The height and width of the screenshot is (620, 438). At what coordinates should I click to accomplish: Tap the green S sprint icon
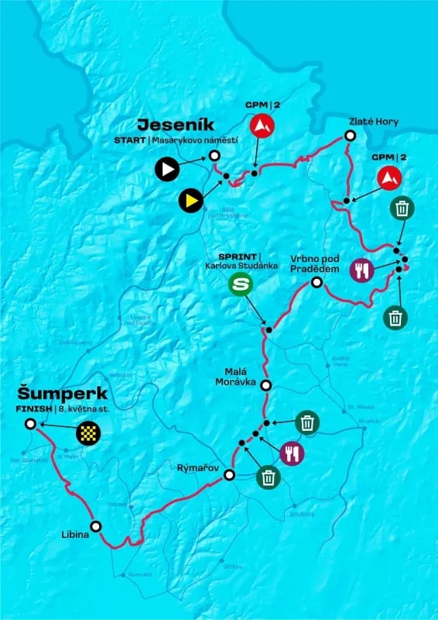[242, 284]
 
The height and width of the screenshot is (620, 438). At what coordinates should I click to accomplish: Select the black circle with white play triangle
[166, 168]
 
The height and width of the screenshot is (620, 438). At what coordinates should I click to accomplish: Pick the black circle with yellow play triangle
[190, 200]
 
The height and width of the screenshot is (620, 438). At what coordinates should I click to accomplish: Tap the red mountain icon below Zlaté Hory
[390, 178]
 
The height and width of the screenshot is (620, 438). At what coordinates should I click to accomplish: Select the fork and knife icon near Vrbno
[361, 270]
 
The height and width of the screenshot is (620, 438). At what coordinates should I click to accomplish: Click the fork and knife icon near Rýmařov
[293, 452]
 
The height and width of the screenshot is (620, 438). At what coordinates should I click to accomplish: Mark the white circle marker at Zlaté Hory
[349, 136]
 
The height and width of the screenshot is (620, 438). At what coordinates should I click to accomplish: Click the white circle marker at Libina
[95, 525]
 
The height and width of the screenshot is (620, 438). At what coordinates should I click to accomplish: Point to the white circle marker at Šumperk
[29, 424]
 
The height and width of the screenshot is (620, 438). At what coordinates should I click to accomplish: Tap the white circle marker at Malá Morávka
[265, 385]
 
